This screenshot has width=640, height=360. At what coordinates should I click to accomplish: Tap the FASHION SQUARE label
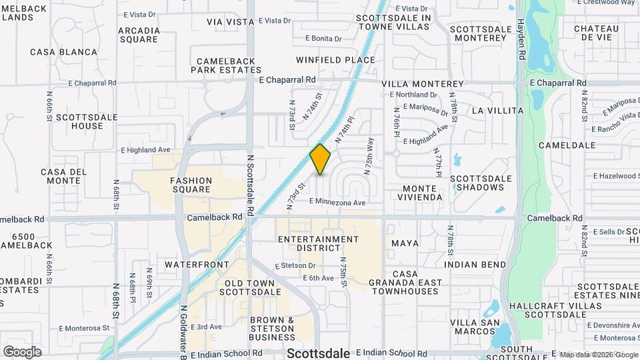(191, 185)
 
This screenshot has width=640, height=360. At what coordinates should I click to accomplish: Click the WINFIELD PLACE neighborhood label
(336, 60)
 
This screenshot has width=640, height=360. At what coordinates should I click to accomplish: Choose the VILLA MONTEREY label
(423, 84)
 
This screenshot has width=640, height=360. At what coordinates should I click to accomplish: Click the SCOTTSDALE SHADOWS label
(481, 183)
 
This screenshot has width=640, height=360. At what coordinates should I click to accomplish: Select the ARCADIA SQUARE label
(138, 35)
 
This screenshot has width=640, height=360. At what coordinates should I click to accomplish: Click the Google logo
(22, 351)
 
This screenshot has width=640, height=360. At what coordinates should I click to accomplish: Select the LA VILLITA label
(495, 109)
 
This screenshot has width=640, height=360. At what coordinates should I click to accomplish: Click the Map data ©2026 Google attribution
(598, 355)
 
